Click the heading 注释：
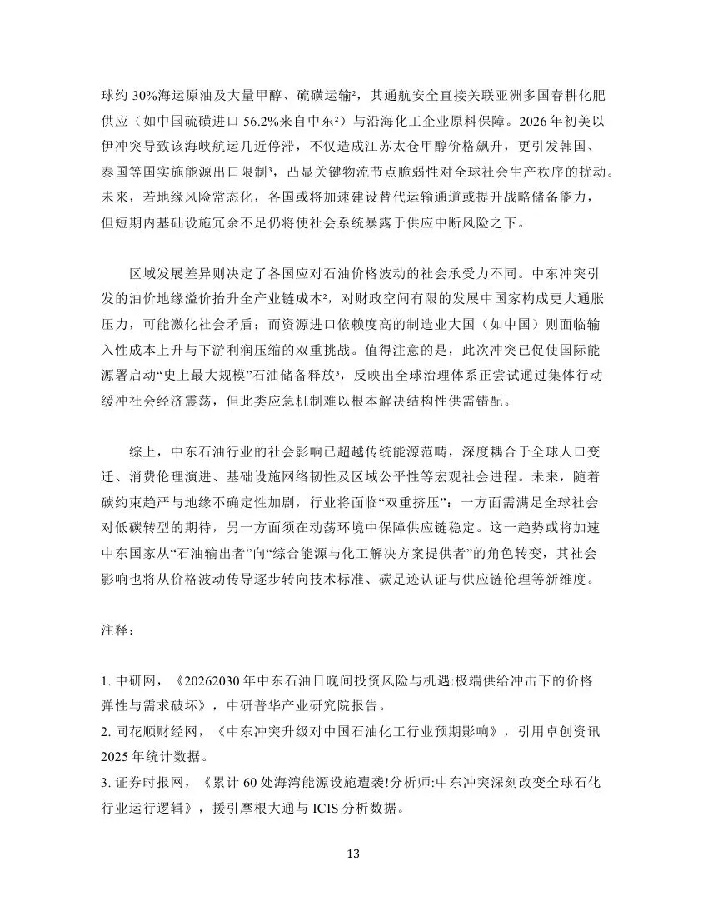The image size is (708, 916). (114, 630)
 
